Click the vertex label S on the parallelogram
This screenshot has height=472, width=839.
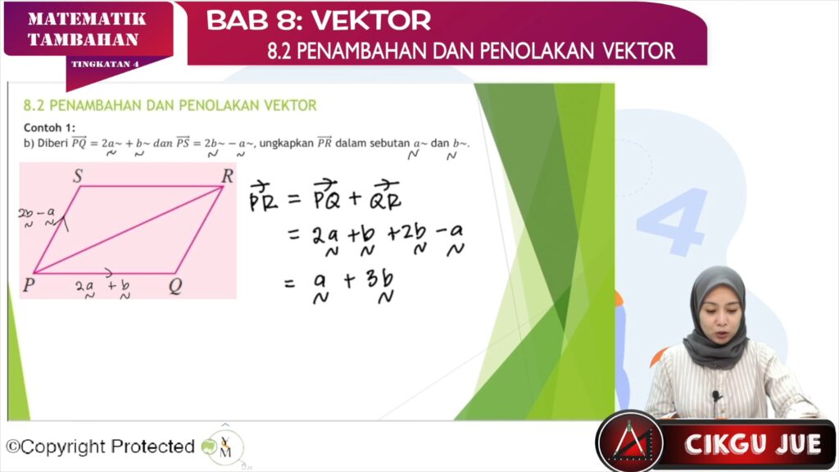[x=78, y=177]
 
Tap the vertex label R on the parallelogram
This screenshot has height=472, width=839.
[x=228, y=176]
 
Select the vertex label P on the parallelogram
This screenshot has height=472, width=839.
[x=29, y=285]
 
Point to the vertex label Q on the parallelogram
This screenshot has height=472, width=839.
[x=175, y=286]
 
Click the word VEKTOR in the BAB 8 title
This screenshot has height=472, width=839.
[x=371, y=20]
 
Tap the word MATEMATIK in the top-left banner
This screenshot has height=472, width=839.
[x=87, y=20]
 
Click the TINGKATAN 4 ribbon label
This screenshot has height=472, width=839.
[x=106, y=64]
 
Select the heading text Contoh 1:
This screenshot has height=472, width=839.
[x=49, y=128]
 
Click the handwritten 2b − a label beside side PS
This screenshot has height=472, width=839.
[x=37, y=216]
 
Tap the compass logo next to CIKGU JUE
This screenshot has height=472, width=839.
[x=630, y=442]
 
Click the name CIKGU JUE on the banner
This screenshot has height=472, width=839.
[x=752, y=444]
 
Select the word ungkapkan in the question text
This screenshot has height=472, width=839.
[x=286, y=143]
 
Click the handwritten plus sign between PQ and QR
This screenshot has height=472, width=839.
[x=355, y=199]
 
